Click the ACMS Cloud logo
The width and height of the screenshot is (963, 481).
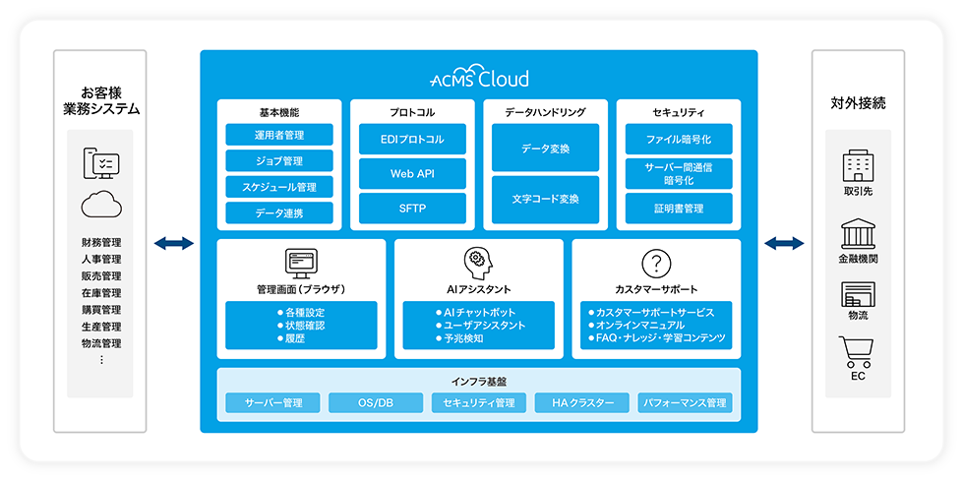[479, 79]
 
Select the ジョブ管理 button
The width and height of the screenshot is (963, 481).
[279, 160]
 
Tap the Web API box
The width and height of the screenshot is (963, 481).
[412, 174]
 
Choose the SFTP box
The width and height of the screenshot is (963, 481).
[412, 208]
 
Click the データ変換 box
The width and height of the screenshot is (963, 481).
[545, 149]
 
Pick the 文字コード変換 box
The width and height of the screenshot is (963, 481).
[545, 199]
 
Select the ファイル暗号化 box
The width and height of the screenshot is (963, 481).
[679, 140]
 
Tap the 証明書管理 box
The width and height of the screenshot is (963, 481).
[679, 208]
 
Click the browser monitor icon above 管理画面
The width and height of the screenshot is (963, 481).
[301, 262]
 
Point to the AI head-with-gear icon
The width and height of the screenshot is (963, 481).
[478, 262]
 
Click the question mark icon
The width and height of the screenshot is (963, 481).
[655, 263]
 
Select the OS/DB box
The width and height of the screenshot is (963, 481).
[374, 403]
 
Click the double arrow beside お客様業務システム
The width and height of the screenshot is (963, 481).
[174, 243]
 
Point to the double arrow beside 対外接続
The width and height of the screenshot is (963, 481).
[784, 243]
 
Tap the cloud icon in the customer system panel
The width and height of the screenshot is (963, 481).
[101, 205]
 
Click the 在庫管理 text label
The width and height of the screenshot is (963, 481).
[101, 293]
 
